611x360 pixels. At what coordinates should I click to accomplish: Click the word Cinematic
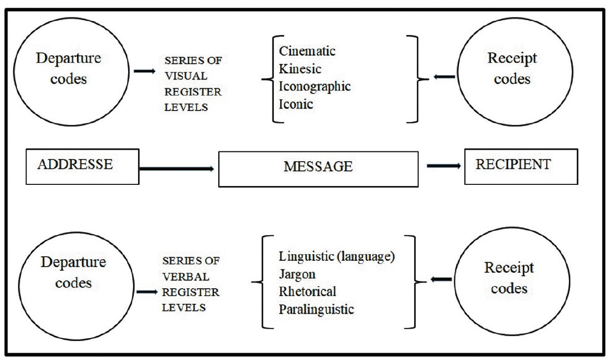[307, 51]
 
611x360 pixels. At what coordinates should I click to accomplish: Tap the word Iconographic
[315, 86]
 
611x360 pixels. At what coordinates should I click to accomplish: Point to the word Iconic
[296, 103]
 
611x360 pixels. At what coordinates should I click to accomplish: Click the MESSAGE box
[318, 167]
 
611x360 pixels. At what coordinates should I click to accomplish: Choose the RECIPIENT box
[521, 166]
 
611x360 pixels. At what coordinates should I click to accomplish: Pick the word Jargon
[297, 274]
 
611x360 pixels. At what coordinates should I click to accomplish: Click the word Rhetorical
[308, 291]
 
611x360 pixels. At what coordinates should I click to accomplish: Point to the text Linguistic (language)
[337, 256]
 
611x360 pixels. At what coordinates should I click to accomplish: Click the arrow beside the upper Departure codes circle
[144, 70]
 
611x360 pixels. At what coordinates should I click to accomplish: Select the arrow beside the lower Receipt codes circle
[440, 280]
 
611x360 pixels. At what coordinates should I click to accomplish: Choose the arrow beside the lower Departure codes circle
[147, 292]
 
